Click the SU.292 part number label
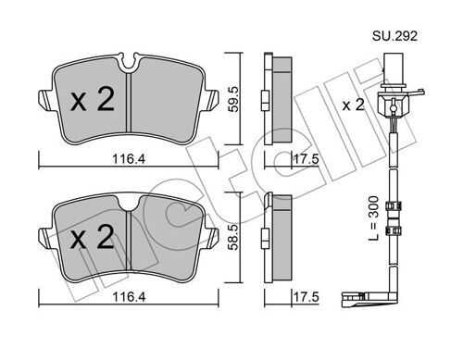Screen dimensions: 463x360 (394, 36)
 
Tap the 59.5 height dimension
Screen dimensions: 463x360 (233, 99)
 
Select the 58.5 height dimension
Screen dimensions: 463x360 (233, 237)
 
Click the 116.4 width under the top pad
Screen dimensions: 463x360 (129, 159)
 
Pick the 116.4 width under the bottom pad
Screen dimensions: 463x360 (129, 297)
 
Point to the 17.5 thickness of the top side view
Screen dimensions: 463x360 (306, 159)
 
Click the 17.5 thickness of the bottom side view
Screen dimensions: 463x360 (306, 297)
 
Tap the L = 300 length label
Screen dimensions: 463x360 (373, 218)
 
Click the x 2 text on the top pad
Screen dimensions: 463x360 (93, 99)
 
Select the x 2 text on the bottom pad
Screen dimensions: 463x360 (93, 237)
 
